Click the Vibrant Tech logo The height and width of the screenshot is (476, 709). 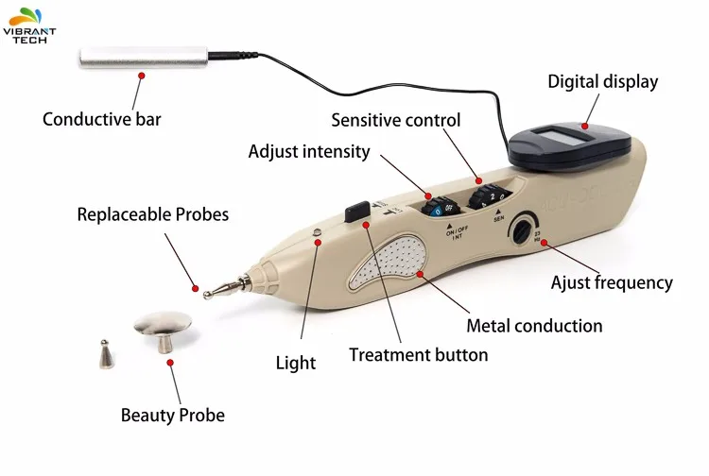pyautogui.click(x=29, y=23)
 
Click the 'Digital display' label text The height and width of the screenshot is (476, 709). pyautogui.click(x=602, y=82)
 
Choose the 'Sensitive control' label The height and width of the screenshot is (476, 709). pyautogui.click(x=395, y=120)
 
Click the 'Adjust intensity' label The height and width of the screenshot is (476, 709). pyautogui.click(x=309, y=151)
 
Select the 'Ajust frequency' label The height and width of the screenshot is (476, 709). pyautogui.click(x=612, y=281)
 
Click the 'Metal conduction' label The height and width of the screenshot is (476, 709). pyautogui.click(x=534, y=326)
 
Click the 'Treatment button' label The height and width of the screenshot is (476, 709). pyautogui.click(x=419, y=355)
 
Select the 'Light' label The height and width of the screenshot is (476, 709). pyautogui.click(x=296, y=362)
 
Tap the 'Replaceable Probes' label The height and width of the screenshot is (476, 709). pyautogui.click(x=153, y=214)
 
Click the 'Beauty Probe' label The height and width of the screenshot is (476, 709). pyautogui.click(x=173, y=415)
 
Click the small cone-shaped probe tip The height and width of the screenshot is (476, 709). pyautogui.click(x=105, y=353)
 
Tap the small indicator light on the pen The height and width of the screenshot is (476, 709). pyautogui.click(x=317, y=232)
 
